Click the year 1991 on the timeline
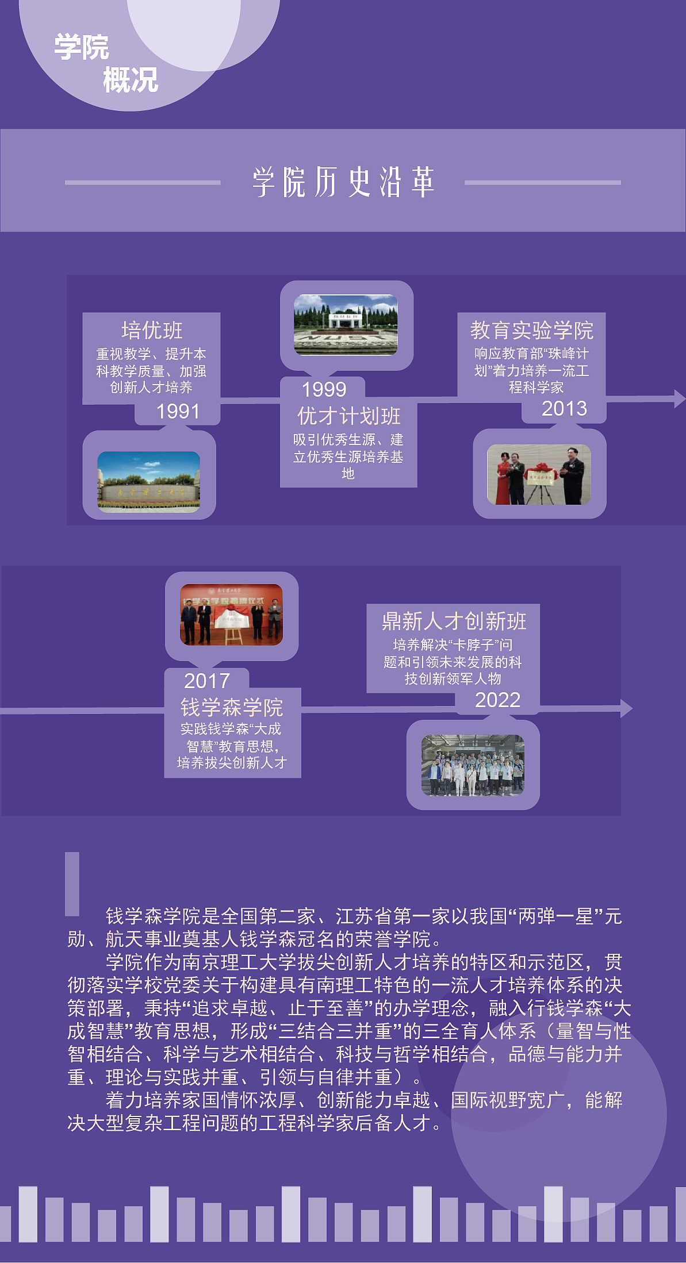pyautogui.click(x=178, y=412)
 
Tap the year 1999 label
pyautogui.click(x=324, y=390)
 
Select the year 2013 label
pyautogui.click(x=564, y=409)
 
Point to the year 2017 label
pyautogui.click(x=206, y=681)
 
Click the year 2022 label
pyautogui.click(x=497, y=700)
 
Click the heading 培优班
pyautogui.click(x=152, y=331)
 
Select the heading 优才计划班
pyautogui.click(x=348, y=416)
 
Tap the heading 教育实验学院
pyautogui.click(x=531, y=331)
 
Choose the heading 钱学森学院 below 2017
pyautogui.click(x=232, y=707)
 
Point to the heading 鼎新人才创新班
pyautogui.click(x=454, y=621)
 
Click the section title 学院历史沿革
pyautogui.click(x=343, y=182)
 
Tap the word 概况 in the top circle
pyautogui.click(x=131, y=80)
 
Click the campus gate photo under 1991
pyautogui.click(x=149, y=482)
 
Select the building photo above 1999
pyautogui.click(x=346, y=325)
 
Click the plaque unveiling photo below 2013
pyautogui.click(x=539, y=475)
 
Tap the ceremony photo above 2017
pyautogui.click(x=231, y=615)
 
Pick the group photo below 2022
pyautogui.click(x=473, y=765)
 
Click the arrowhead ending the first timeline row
pyautogui.click(x=679, y=398)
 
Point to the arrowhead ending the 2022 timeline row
pyautogui.click(x=626, y=709)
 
